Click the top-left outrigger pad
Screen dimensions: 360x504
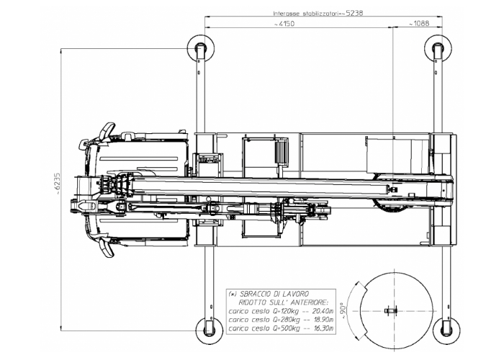point(199,49)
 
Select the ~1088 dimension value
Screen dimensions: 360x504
point(420,24)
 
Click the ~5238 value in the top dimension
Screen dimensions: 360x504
point(354,13)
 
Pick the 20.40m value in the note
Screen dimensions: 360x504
point(314,311)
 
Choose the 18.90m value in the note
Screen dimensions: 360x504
point(314,320)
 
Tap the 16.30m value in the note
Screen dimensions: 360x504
point(314,328)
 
